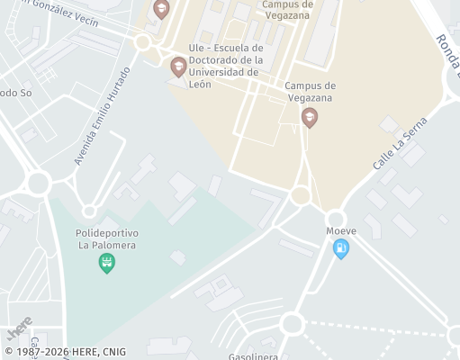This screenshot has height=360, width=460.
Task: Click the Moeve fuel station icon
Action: [x=340, y=249]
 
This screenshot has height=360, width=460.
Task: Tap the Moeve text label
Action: [x=341, y=231]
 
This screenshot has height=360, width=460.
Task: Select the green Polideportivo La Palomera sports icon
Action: [x=107, y=263]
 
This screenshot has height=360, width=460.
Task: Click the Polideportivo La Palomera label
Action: [x=107, y=238]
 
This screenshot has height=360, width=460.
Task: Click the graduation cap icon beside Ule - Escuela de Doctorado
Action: [x=178, y=66]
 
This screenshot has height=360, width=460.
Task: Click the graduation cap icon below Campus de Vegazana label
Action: [x=310, y=117]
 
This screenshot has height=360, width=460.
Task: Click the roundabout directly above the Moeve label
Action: [x=336, y=219]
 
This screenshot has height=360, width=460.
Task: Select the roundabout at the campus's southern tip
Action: [x=301, y=195]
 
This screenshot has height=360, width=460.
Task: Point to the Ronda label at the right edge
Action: [x=447, y=51]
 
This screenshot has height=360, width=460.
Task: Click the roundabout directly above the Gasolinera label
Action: [x=291, y=323]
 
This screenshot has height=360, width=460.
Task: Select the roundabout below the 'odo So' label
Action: [x=38, y=184]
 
